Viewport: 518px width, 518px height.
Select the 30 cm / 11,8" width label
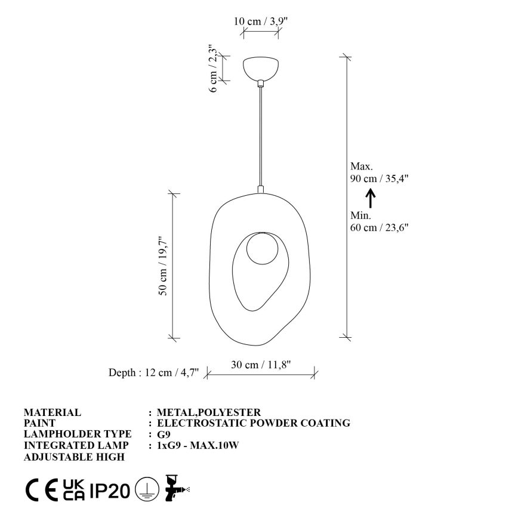[261, 365]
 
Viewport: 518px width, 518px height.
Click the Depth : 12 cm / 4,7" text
[153, 373]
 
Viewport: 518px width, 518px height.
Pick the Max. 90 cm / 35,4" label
[379, 172]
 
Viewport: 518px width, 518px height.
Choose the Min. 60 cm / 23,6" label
[379, 221]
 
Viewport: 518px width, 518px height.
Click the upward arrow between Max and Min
[370, 197]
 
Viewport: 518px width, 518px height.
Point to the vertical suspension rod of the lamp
[260, 137]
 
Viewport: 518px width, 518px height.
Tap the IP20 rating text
[110, 491]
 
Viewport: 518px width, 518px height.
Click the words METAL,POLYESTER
[208, 412]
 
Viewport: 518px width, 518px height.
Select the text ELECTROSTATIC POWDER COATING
[253, 423]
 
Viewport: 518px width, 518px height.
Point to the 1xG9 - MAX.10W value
[198, 446]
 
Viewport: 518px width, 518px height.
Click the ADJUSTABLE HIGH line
[74, 457]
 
